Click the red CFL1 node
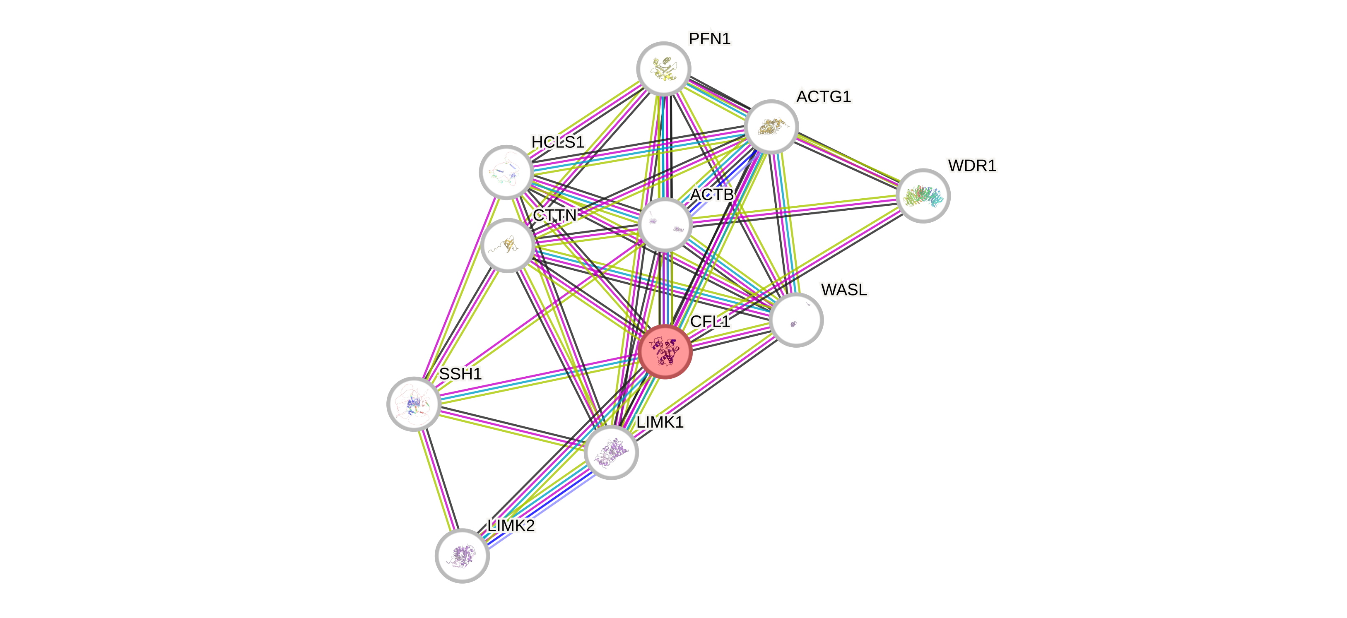665,351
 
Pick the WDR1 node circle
923,195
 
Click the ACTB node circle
665,224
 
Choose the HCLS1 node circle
506,172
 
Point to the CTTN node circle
507,245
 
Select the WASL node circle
796,320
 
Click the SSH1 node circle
414,404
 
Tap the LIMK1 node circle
611,452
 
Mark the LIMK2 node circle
462,555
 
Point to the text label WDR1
971,166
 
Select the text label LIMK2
511,525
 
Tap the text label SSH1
460,374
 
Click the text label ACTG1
824,97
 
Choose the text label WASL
844,290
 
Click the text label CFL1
710,322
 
